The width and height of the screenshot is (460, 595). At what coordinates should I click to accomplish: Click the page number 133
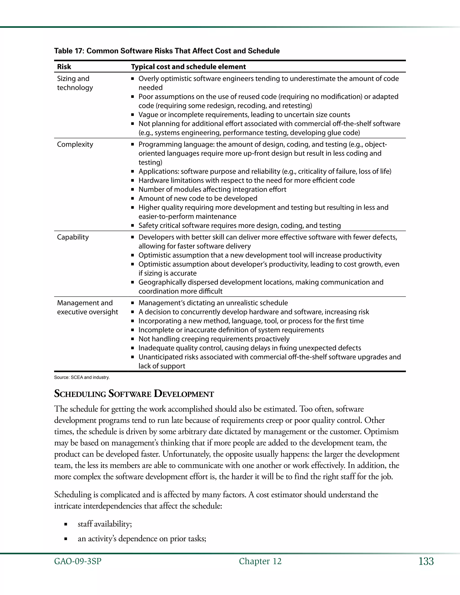pyautogui.click(x=426, y=562)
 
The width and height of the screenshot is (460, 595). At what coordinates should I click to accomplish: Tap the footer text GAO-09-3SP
pyautogui.click(x=78, y=562)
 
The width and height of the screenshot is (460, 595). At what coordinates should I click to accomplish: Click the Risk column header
pyautogui.click(x=64, y=67)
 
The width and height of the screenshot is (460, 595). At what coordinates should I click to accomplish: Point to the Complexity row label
pyautogui.click(x=75, y=144)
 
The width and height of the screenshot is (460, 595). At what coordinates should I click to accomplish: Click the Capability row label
pyautogui.click(x=73, y=237)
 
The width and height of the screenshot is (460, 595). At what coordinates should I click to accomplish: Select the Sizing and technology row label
pyautogui.click(x=75, y=83)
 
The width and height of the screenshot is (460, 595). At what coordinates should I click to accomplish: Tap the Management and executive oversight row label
pyautogui.click(x=87, y=307)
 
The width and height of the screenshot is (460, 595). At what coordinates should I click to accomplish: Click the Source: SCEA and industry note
pyautogui.click(x=82, y=378)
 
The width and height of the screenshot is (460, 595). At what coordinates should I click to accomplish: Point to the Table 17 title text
pyautogui.click(x=167, y=51)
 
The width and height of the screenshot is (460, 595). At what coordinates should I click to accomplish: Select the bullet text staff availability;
pyautogui.click(x=105, y=524)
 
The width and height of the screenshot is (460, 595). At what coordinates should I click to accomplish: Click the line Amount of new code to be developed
pyautogui.click(x=198, y=198)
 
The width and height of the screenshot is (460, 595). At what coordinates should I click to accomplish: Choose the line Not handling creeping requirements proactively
pyautogui.click(x=214, y=339)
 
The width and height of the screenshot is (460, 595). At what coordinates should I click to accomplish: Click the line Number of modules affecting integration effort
pyautogui.click(x=212, y=189)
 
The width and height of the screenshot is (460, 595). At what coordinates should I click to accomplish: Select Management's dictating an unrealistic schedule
pyautogui.click(x=213, y=303)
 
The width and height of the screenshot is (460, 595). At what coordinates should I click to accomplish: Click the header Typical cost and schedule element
pyautogui.click(x=188, y=67)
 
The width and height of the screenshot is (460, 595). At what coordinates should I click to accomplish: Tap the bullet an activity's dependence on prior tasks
pyautogui.click(x=142, y=539)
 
